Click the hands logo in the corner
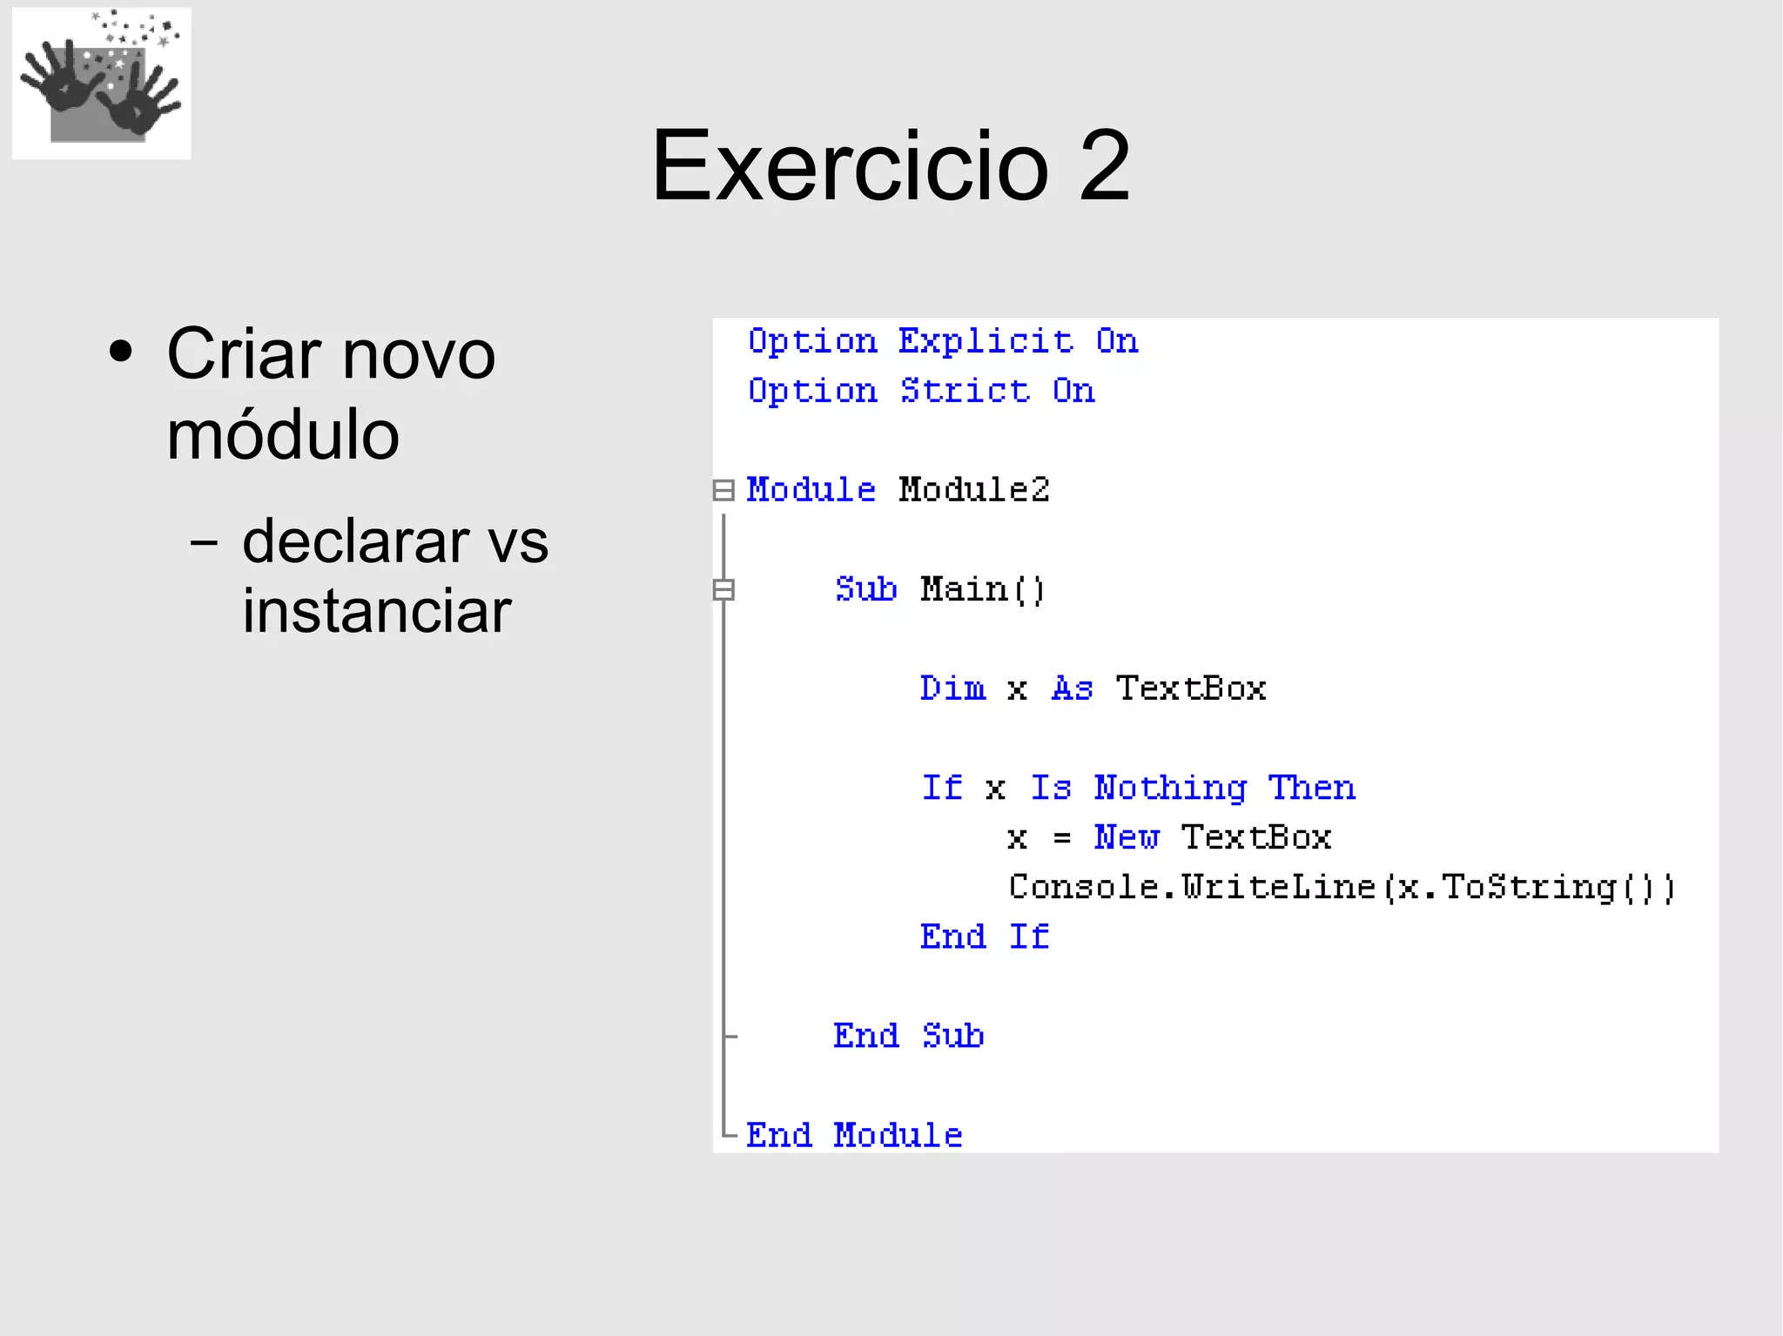click(101, 84)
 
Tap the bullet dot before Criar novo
click(121, 352)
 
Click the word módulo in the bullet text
click(283, 434)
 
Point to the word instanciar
click(376, 610)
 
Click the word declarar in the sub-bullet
click(352, 540)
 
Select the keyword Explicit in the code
click(986, 341)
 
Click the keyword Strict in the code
click(965, 391)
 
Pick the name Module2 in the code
click(974, 490)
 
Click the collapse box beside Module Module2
click(723, 490)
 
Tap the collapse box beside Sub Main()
click(723, 589)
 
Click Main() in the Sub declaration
click(982, 589)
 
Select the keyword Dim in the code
click(952, 688)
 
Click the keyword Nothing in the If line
click(1170, 788)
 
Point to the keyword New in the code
click(1127, 837)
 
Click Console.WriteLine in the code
click(1191, 887)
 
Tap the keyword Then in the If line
click(1311, 788)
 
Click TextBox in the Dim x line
click(1191, 688)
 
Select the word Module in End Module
click(898, 1135)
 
